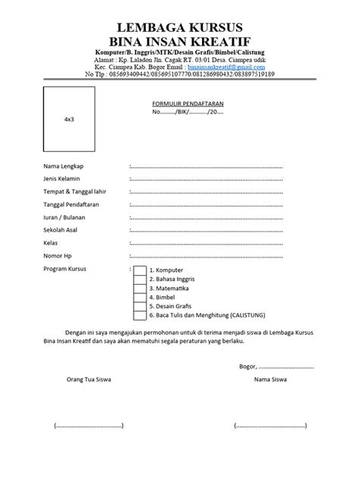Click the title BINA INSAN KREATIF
click(180, 39)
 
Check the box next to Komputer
click(140, 270)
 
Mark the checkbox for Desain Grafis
click(140, 307)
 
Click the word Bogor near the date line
click(246, 366)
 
